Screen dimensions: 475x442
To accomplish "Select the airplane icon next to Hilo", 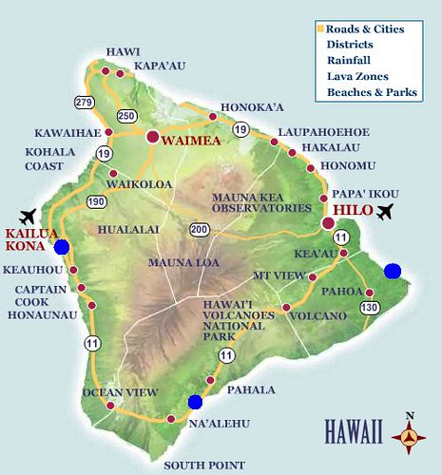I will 385,211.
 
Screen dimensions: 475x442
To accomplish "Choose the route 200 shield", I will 199,229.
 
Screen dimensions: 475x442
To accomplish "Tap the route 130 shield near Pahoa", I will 371,307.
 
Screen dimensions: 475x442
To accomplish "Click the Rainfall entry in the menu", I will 346,60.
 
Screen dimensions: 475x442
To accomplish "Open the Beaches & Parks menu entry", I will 371,92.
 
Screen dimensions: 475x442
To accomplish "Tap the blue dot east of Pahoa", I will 393,272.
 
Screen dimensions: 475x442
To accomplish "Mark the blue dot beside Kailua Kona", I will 62,247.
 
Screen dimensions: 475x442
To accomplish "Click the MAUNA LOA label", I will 178,261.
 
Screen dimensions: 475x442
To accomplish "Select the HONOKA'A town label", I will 247,107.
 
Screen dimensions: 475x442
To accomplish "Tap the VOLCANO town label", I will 319,315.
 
